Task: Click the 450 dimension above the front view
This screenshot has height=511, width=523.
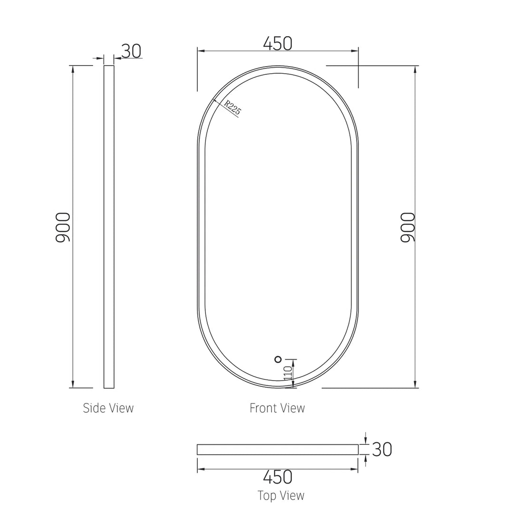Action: (278, 43)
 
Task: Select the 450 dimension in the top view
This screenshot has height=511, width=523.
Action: (278, 477)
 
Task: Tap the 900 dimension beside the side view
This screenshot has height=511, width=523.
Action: (63, 227)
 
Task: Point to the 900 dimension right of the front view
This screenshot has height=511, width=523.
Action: (408, 227)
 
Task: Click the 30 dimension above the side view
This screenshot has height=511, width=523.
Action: (131, 51)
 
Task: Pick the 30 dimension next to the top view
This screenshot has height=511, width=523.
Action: (382, 449)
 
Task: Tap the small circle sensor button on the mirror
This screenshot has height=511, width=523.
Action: (278, 359)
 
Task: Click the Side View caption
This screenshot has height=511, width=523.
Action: (108, 408)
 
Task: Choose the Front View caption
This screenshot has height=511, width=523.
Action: (277, 408)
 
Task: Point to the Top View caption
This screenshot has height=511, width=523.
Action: (281, 496)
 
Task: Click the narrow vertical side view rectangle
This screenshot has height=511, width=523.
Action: (109, 226)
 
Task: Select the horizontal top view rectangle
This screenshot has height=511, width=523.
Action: (278, 450)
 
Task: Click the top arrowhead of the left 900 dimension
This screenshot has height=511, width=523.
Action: (73, 69)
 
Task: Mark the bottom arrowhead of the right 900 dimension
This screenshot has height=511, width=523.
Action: (416, 384)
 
